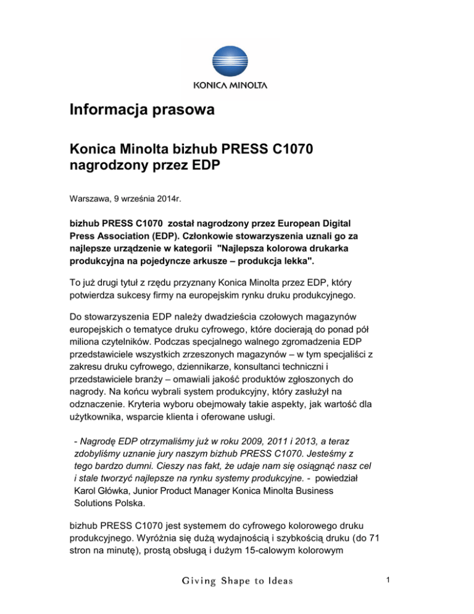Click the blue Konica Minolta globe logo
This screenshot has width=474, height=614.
click(x=237, y=59)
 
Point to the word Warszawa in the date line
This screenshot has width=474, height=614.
click(x=89, y=200)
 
